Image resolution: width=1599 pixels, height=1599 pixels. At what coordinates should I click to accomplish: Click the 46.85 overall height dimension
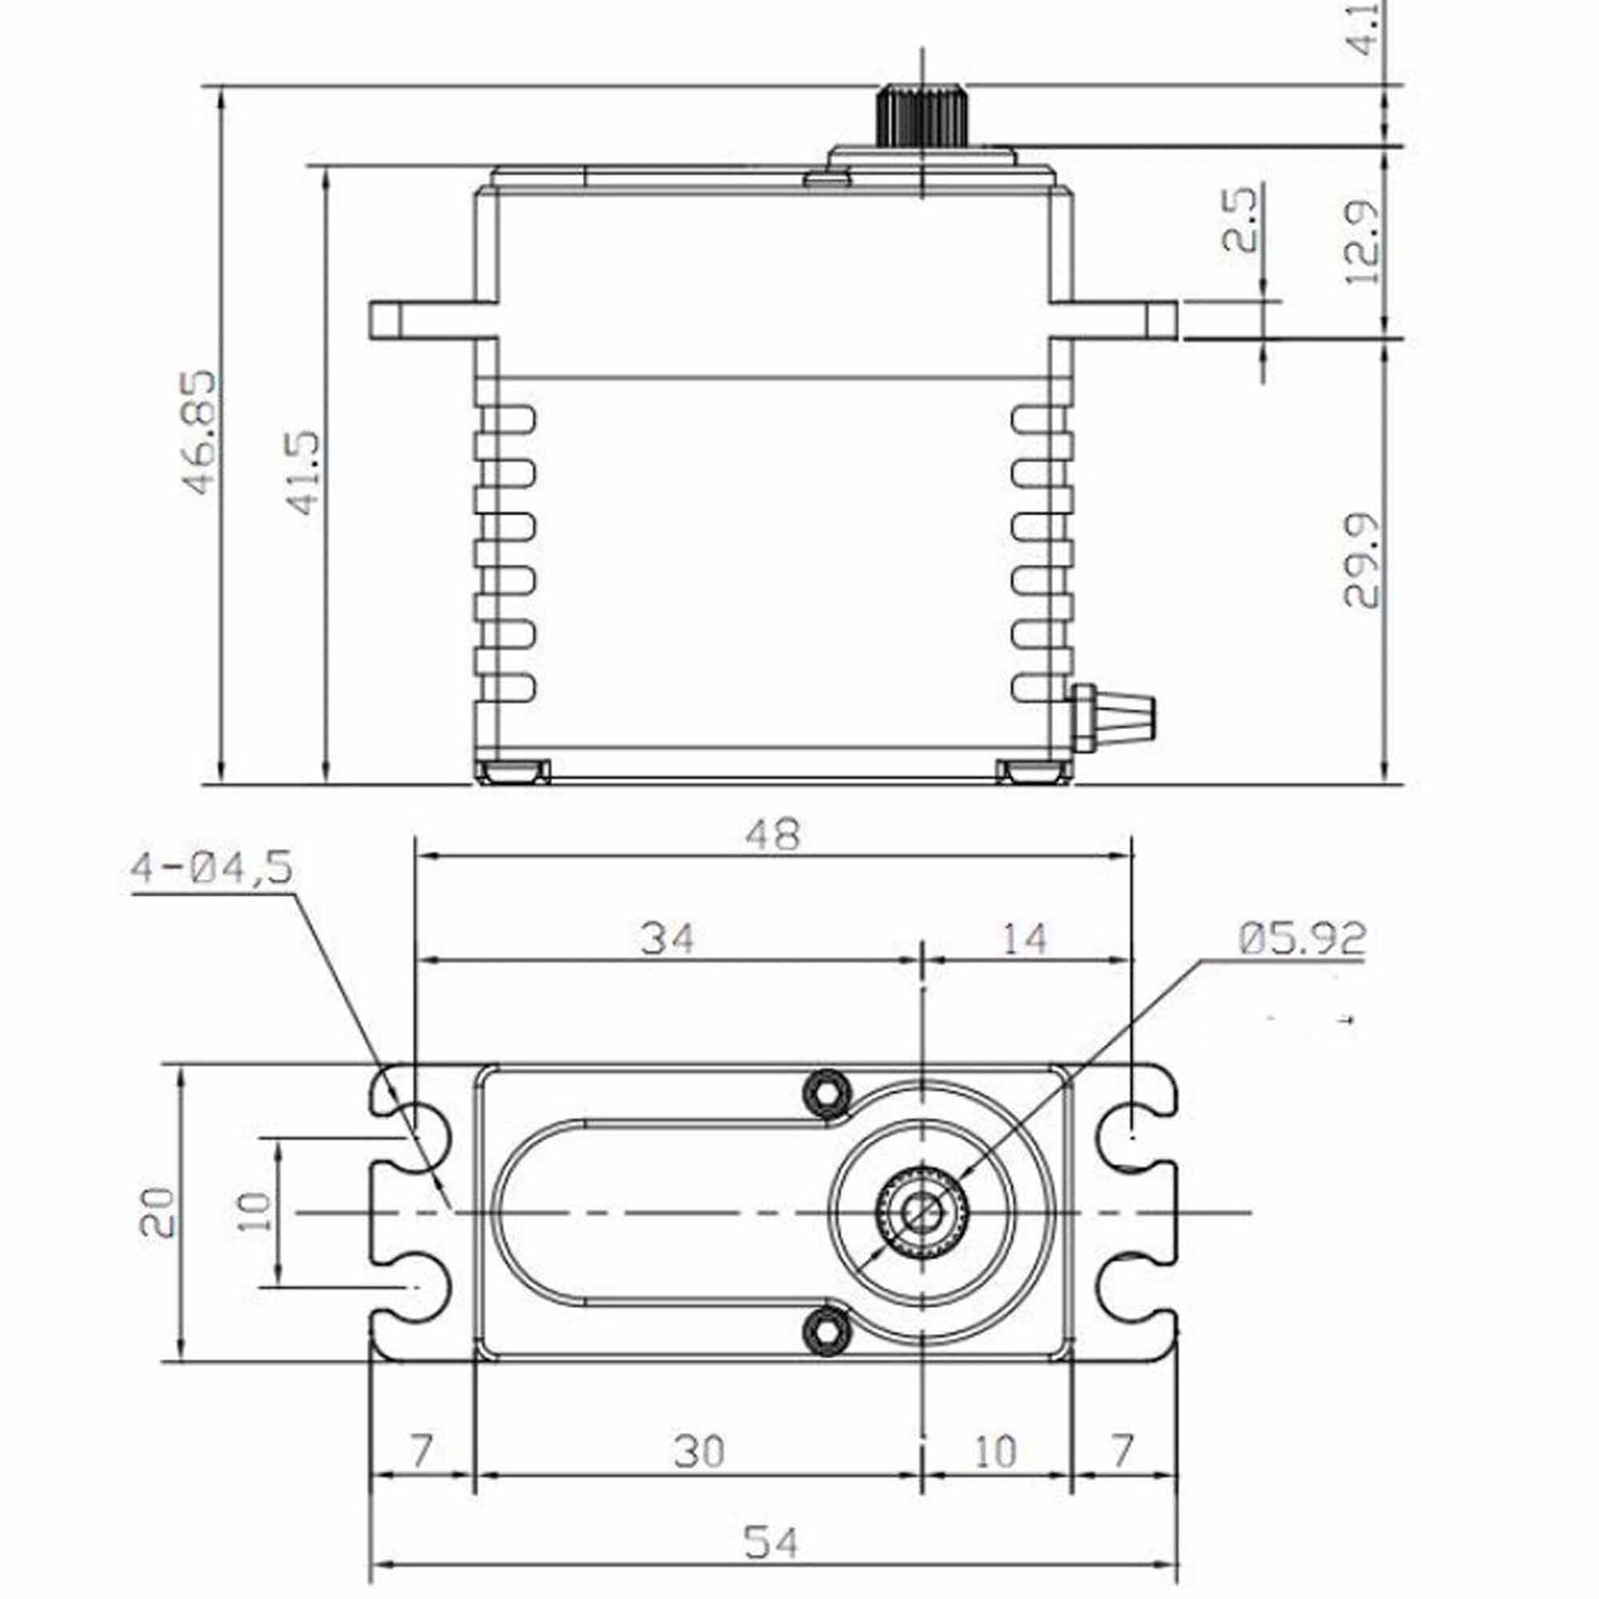[x=198, y=433]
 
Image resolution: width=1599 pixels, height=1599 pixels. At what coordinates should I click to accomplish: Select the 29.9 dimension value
[x=1362, y=560]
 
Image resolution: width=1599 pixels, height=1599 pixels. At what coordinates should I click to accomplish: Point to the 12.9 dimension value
[x=1362, y=242]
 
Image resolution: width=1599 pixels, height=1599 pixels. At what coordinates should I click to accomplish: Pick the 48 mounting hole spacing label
[x=773, y=834]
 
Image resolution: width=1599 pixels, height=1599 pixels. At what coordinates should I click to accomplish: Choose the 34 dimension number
[x=667, y=939]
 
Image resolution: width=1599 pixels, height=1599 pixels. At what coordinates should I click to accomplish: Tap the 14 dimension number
[x=1025, y=939]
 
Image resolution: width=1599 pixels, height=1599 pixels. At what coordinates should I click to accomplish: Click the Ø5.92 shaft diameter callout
[x=1302, y=937]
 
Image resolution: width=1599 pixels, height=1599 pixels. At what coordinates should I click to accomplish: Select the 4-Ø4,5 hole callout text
[x=212, y=868]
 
